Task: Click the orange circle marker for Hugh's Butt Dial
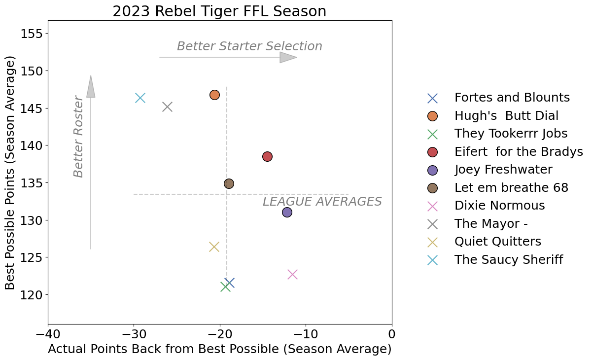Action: (x=214, y=95)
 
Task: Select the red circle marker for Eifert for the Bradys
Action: (x=267, y=156)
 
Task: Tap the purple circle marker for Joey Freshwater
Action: (x=287, y=212)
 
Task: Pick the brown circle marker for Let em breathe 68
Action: (x=229, y=183)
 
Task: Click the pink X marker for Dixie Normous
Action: (x=292, y=274)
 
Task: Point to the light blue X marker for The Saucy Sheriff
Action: (x=140, y=98)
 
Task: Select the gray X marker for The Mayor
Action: (x=167, y=107)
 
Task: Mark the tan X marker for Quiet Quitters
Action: (x=214, y=247)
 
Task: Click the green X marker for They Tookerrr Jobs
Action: (x=225, y=286)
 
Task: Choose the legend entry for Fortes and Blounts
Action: (x=512, y=98)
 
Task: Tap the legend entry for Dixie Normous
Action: (x=499, y=205)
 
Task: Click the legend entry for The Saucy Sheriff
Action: (x=508, y=259)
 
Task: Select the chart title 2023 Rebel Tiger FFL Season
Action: (x=219, y=11)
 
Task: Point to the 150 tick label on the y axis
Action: (x=31, y=71)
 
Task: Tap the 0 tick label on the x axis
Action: (x=392, y=334)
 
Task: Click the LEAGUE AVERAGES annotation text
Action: (x=322, y=202)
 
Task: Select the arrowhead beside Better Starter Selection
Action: (x=288, y=57)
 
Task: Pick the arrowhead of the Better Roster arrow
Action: (x=91, y=87)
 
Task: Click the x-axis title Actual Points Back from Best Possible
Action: (x=219, y=349)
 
